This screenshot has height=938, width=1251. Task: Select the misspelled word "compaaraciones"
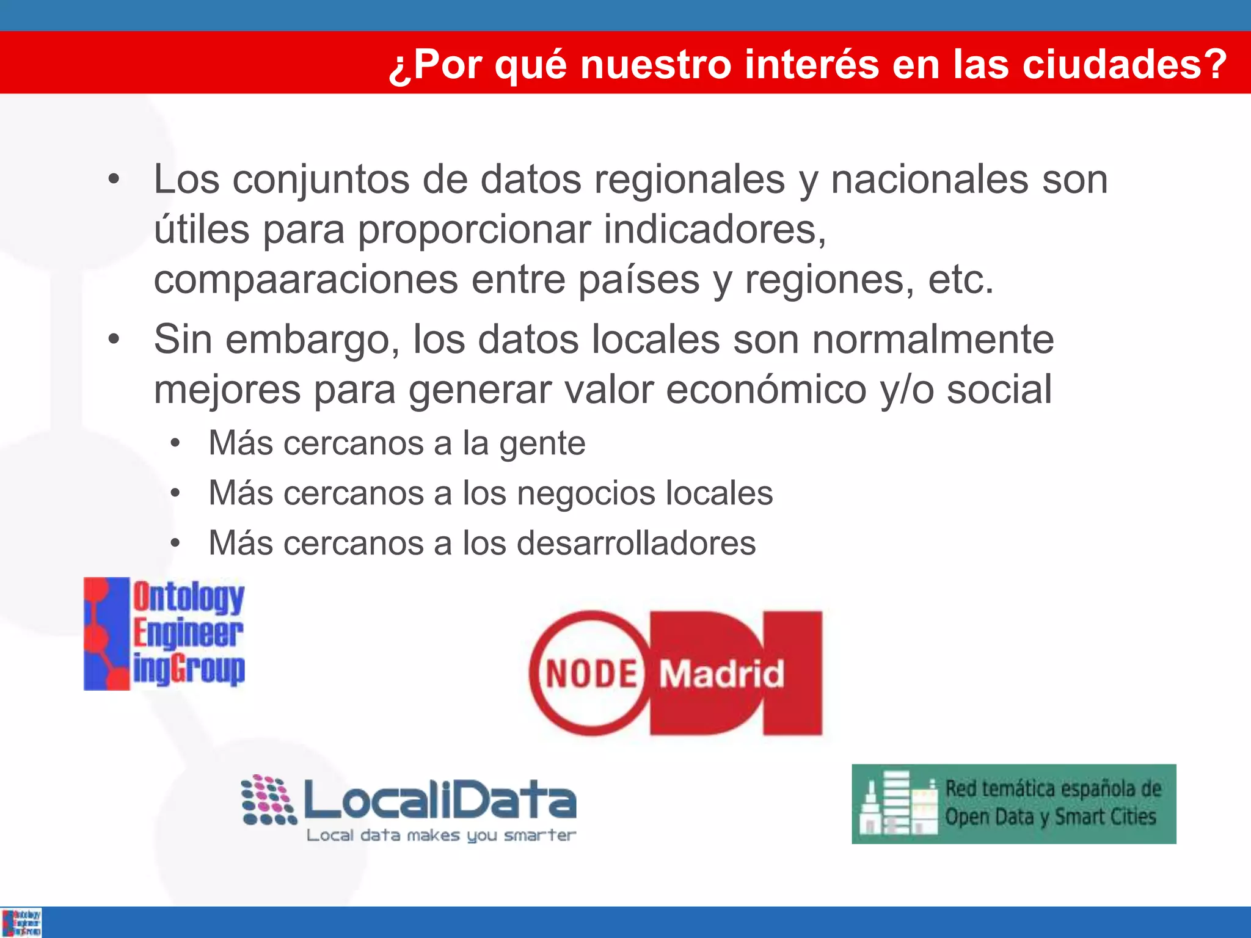[x=305, y=280]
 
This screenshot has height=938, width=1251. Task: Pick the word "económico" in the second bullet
[x=766, y=390]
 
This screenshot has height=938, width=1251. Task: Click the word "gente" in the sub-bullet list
[x=542, y=443]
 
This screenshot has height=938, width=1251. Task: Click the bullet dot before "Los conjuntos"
[x=114, y=180]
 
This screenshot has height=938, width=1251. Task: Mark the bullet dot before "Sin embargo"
[x=114, y=340]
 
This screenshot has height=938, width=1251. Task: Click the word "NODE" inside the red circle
[x=591, y=674]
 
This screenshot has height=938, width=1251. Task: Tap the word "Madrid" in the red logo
[x=721, y=674]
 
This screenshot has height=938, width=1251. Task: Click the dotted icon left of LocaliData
[x=268, y=800]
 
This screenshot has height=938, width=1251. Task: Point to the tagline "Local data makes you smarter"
[x=441, y=835]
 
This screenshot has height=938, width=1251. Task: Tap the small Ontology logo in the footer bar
[x=21, y=923]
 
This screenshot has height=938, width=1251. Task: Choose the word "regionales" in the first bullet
[x=689, y=180]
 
